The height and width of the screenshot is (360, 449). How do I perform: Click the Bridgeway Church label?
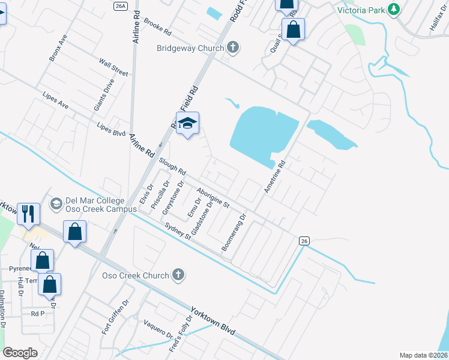190,48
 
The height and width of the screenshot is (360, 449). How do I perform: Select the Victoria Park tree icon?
394,9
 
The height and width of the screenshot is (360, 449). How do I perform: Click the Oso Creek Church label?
135,275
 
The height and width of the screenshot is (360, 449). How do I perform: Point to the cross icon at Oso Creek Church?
177,275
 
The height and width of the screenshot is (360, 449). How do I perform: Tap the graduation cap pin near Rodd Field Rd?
188,124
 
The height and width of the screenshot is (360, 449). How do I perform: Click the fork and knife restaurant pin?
29,213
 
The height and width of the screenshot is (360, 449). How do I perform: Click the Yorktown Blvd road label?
212,322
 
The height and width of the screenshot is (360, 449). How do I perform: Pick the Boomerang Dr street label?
234,233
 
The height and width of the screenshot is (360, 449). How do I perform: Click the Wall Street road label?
113,68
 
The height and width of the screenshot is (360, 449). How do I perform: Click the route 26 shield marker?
304,241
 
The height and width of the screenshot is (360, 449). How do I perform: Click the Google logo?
20,353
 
